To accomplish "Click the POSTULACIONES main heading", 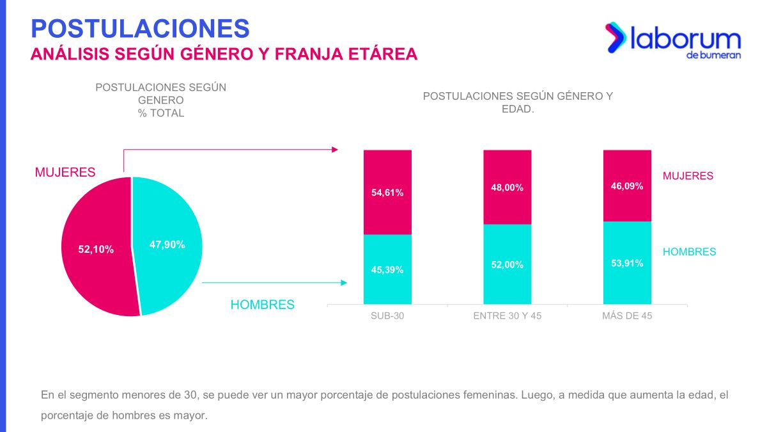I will (140, 28).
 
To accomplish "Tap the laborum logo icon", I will (615, 37).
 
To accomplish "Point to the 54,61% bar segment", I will (387, 192).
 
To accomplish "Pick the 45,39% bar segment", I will (387, 269).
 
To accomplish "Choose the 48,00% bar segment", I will (507, 187).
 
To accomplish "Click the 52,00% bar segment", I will (507, 264).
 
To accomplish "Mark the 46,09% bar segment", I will (627, 186).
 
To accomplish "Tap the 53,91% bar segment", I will (627, 263).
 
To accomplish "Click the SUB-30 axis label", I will (387, 316).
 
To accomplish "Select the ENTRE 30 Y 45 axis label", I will (507, 316).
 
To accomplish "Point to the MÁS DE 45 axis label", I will (627, 316).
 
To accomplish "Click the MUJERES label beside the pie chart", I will (65, 172).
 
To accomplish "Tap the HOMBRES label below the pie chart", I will (263, 305).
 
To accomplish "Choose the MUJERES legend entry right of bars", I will (688, 175).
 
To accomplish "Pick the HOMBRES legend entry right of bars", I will (689, 252).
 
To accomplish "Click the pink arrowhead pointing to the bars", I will (334, 150).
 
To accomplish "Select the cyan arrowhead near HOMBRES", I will (344, 283).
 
